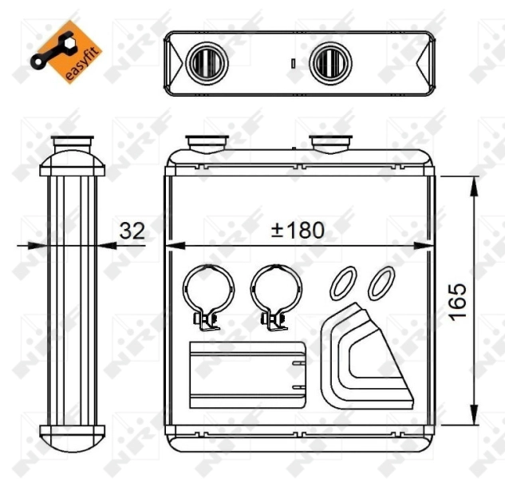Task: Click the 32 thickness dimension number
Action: point(132,231)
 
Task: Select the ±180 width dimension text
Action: point(298,231)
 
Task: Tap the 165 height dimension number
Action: point(456,301)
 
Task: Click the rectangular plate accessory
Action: point(247,374)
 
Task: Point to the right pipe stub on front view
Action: point(329,144)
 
